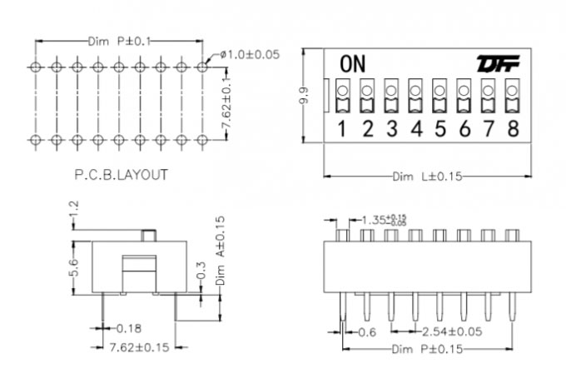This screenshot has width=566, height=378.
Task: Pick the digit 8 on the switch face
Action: (513, 128)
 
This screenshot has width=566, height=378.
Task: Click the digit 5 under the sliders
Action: (440, 128)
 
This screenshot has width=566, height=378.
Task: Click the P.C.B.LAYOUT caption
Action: (121, 175)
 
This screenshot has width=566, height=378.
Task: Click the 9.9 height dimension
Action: (305, 96)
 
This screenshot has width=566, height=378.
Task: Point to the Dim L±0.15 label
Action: (426, 177)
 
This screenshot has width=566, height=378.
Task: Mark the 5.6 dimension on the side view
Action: (74, 266)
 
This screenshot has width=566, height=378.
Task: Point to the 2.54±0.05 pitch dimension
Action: (450, 331)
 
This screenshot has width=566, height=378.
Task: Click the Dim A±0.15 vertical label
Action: (221, 251)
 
